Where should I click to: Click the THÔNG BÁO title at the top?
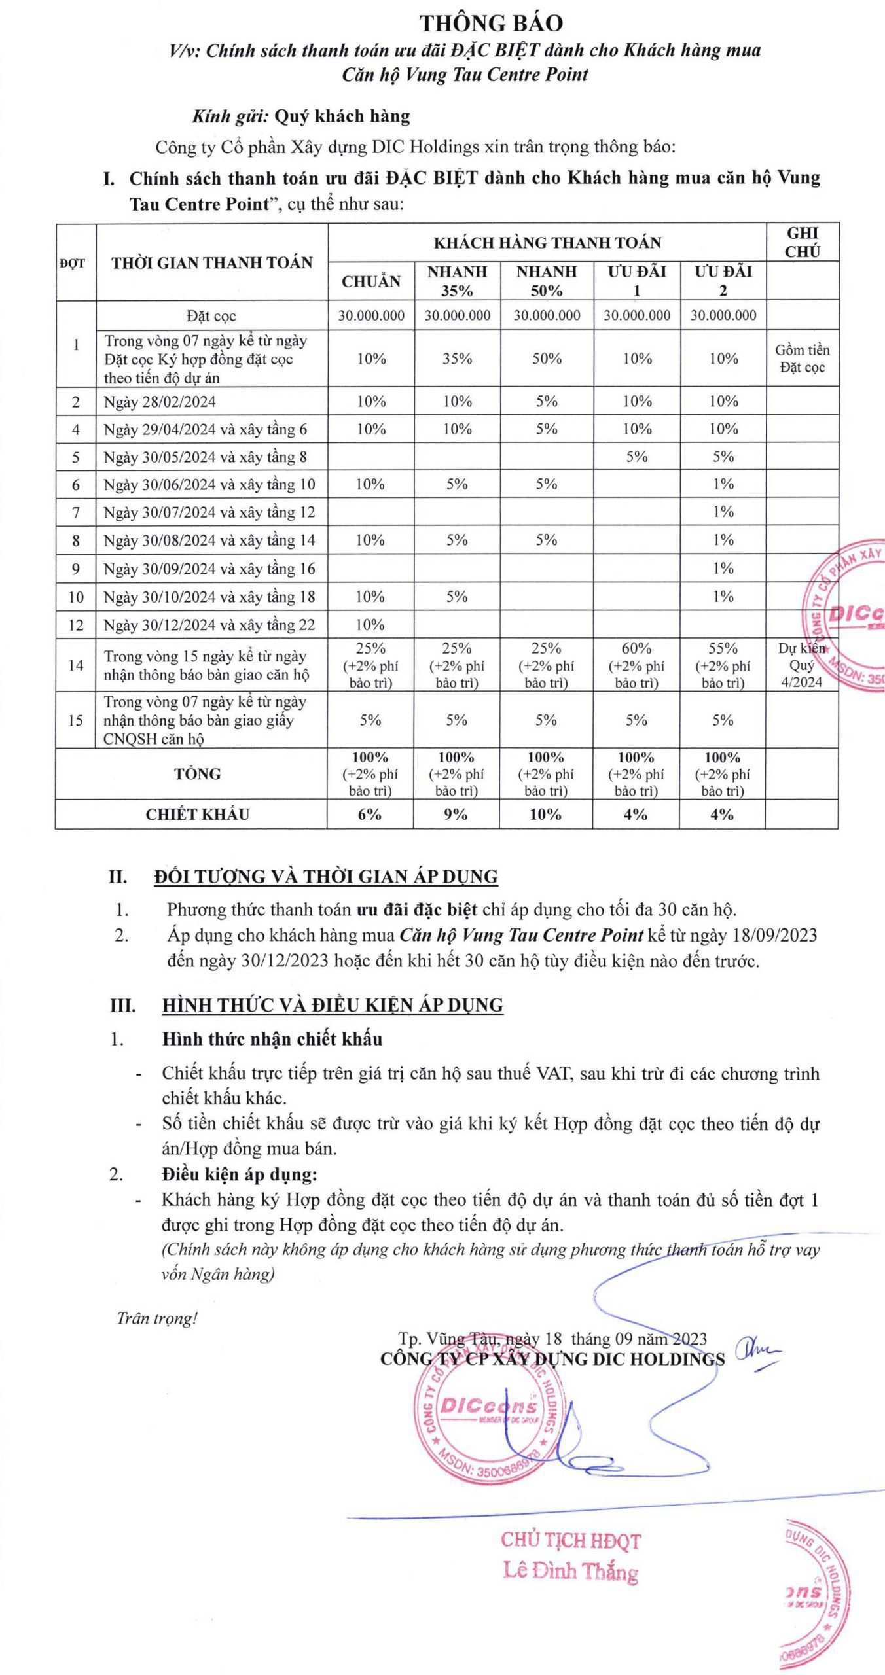[x=491, y=24]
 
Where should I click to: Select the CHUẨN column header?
[x=371, y=281]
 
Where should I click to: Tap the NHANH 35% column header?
[x=457, y=281]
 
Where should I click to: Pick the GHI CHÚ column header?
[x=803, y=242]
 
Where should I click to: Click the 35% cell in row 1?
[x=457, y=359]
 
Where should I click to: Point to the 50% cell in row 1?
[x=547, y=359]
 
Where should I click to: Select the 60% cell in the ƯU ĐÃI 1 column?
[x=636, y=648]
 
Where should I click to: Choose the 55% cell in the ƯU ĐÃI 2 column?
[x=723, y=648]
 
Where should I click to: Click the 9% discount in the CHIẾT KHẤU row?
[x=456, y=815]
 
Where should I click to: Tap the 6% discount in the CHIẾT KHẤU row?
[x=370, y=815]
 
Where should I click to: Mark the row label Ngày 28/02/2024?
[x=160, y=402]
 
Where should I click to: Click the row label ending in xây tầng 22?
[x=209, y=626]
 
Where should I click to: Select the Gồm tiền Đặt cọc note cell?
[x=802, y=359]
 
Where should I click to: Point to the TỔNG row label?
[x=197, y=774]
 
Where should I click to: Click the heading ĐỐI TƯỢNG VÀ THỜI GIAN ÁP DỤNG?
[x=326, y=877]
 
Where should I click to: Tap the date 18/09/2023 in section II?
[x=778, y=935]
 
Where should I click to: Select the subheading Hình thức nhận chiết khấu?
[x=272, y=1039]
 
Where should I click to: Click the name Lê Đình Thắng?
[x=570, y=1570]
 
